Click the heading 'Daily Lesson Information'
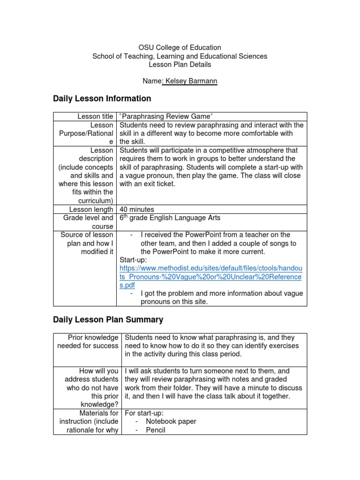pos(102,98)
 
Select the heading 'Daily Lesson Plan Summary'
pos(108,320)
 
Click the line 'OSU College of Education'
pos(180,48)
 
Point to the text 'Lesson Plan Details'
pos(180,65)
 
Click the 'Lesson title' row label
pos(95,116)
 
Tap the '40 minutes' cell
pos(137,210)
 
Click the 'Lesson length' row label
pos(91,210)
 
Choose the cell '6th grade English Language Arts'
pos(170,218)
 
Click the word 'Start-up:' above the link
pos(134,260)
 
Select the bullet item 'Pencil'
pos(156,430)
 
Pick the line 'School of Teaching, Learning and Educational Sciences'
pos(180,56)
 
